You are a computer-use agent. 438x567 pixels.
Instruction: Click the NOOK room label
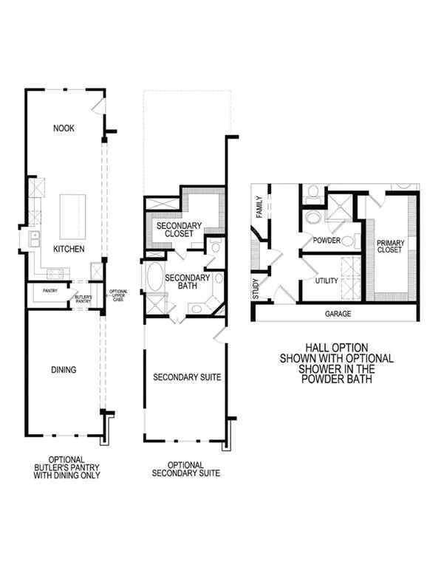64,128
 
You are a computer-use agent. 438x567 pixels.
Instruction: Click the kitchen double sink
34,238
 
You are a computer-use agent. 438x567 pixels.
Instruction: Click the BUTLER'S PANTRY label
83,298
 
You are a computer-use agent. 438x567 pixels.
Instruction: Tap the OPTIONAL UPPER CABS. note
118,295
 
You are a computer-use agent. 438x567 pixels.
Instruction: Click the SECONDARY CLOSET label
175,229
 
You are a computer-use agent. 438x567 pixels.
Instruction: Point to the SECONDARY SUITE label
187,377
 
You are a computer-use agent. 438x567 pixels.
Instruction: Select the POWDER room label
326,241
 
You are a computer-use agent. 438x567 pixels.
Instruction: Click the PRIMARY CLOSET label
391,246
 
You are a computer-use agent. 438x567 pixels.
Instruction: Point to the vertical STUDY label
256,285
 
